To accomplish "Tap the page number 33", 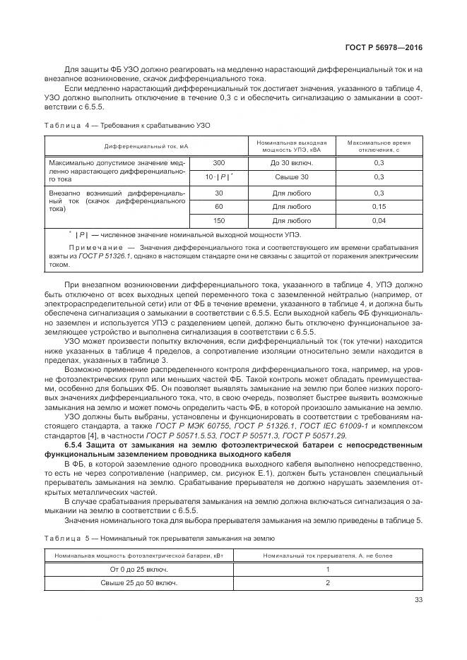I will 418,601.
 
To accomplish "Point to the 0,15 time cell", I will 379,207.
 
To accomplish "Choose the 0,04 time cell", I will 379,222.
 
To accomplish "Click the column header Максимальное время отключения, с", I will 379,146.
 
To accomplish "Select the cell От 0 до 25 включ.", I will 139,569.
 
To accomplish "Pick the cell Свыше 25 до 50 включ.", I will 139,583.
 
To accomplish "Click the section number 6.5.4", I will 76,446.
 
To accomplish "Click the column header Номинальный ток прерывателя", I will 327,555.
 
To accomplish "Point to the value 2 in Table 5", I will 328,583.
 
